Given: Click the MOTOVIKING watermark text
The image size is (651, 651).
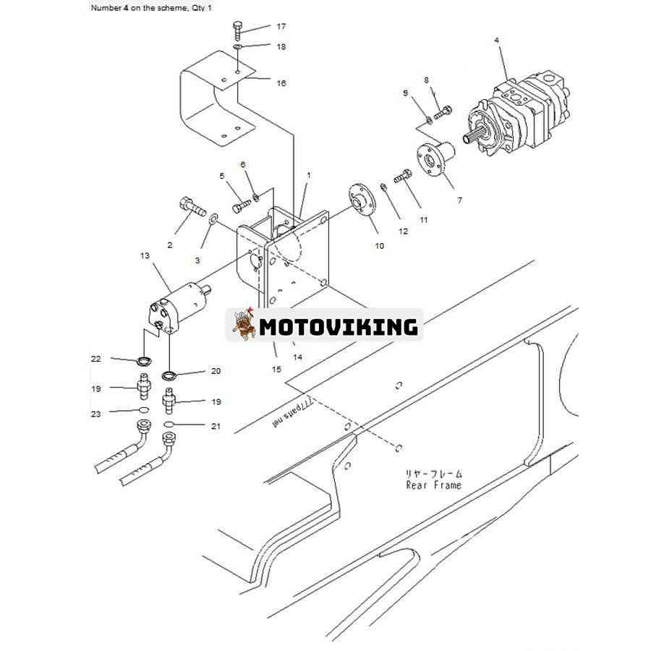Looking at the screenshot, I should [x=339, y=327].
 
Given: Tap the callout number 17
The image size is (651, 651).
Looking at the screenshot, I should [x=281, y=27].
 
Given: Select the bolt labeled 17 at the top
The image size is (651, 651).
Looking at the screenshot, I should [x=238, y=30].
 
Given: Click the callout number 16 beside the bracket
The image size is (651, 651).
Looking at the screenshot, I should [x=281, y=83].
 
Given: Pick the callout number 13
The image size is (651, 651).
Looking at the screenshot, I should [x=145, y=255].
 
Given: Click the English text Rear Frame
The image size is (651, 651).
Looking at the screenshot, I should [x=433, y=485].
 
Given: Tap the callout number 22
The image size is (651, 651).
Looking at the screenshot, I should [x=96, y=359].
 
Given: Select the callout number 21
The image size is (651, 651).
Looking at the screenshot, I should [x=216, y=426].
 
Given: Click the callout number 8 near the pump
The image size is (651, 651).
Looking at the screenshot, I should [x=426, y=80].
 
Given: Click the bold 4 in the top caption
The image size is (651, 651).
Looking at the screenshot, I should [x=125, y=7].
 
